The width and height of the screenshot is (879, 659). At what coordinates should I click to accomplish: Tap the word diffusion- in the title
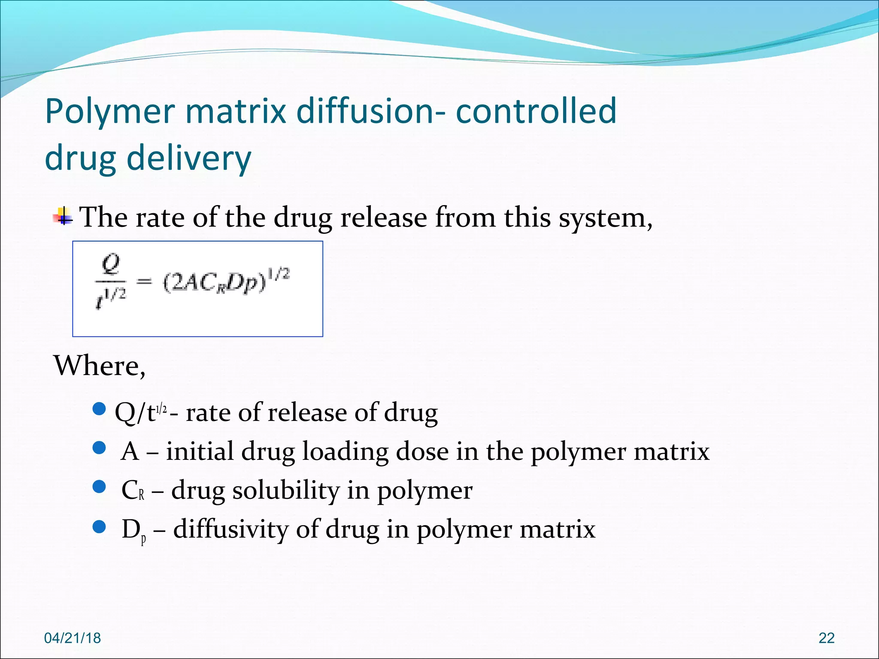(371, 111)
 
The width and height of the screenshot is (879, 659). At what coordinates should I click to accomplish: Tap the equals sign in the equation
(144, 282)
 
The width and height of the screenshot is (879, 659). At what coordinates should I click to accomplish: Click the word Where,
(99, 366)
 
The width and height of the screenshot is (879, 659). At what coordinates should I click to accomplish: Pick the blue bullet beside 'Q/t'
(99, 409)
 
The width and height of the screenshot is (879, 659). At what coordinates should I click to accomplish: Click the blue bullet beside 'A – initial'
(99, 448)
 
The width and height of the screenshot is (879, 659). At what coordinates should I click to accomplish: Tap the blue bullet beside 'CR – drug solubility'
(99, 487)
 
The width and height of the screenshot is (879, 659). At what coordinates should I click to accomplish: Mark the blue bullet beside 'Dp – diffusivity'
(99, 526)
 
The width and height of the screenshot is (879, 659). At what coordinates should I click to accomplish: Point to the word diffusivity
(231, 529)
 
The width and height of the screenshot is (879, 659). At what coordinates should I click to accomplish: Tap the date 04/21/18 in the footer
(73, 638)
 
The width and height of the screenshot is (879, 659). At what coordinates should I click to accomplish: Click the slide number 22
(826, 638)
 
